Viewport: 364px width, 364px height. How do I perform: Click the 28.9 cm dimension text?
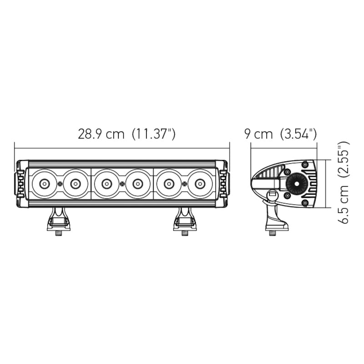coord(101,134)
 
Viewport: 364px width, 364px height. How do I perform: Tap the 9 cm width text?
coord(258,134)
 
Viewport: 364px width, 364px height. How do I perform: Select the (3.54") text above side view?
coord(298,134)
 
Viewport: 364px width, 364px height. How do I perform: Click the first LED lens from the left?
coord(44,184)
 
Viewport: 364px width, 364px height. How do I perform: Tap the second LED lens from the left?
coord(75,184)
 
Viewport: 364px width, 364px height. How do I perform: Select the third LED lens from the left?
coord(106,184)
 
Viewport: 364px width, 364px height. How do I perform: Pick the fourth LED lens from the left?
coord(137,184)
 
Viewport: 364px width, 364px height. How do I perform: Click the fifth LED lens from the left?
coord(169,184)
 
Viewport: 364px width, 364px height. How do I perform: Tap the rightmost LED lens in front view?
coord(200,184)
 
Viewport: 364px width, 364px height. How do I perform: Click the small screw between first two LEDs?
coord(60,184)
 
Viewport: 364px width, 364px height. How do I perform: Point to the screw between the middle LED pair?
coord(122,184)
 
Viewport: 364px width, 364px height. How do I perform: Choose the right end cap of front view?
coord(222,183)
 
